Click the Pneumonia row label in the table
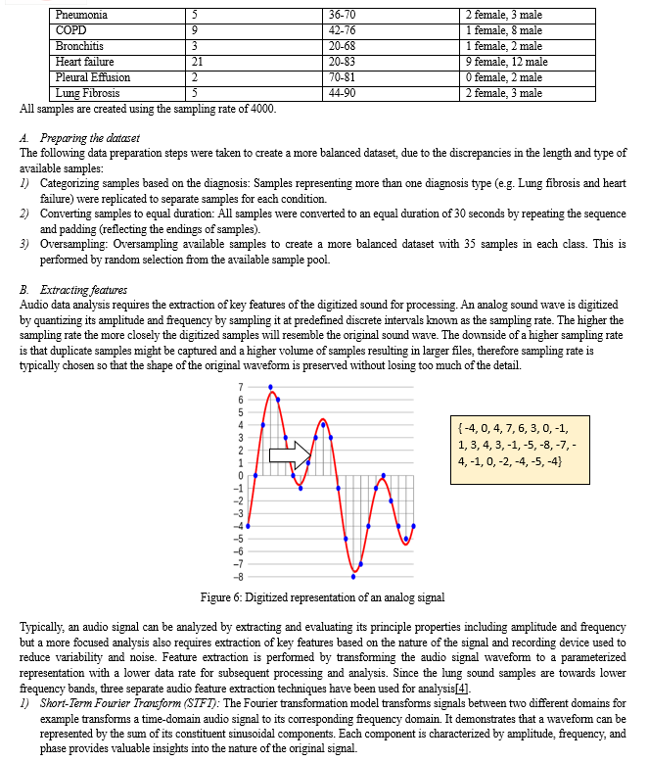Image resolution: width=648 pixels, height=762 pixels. [x=81, y=16]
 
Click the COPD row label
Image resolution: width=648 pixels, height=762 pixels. [x=72, y=31]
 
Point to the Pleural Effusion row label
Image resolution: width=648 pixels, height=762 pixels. [x=93, y=77]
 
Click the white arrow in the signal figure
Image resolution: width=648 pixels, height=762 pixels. [x=290, y=452]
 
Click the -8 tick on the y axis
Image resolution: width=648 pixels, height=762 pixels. [x=238, y=576]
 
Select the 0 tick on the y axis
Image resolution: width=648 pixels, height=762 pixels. [x=240, y=475]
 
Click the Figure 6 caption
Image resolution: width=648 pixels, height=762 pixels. [x=322, y=597]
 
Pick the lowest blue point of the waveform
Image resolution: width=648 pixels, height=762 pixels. [x=353, y=576]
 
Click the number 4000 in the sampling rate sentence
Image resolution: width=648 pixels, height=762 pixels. [x=260, y=108]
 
